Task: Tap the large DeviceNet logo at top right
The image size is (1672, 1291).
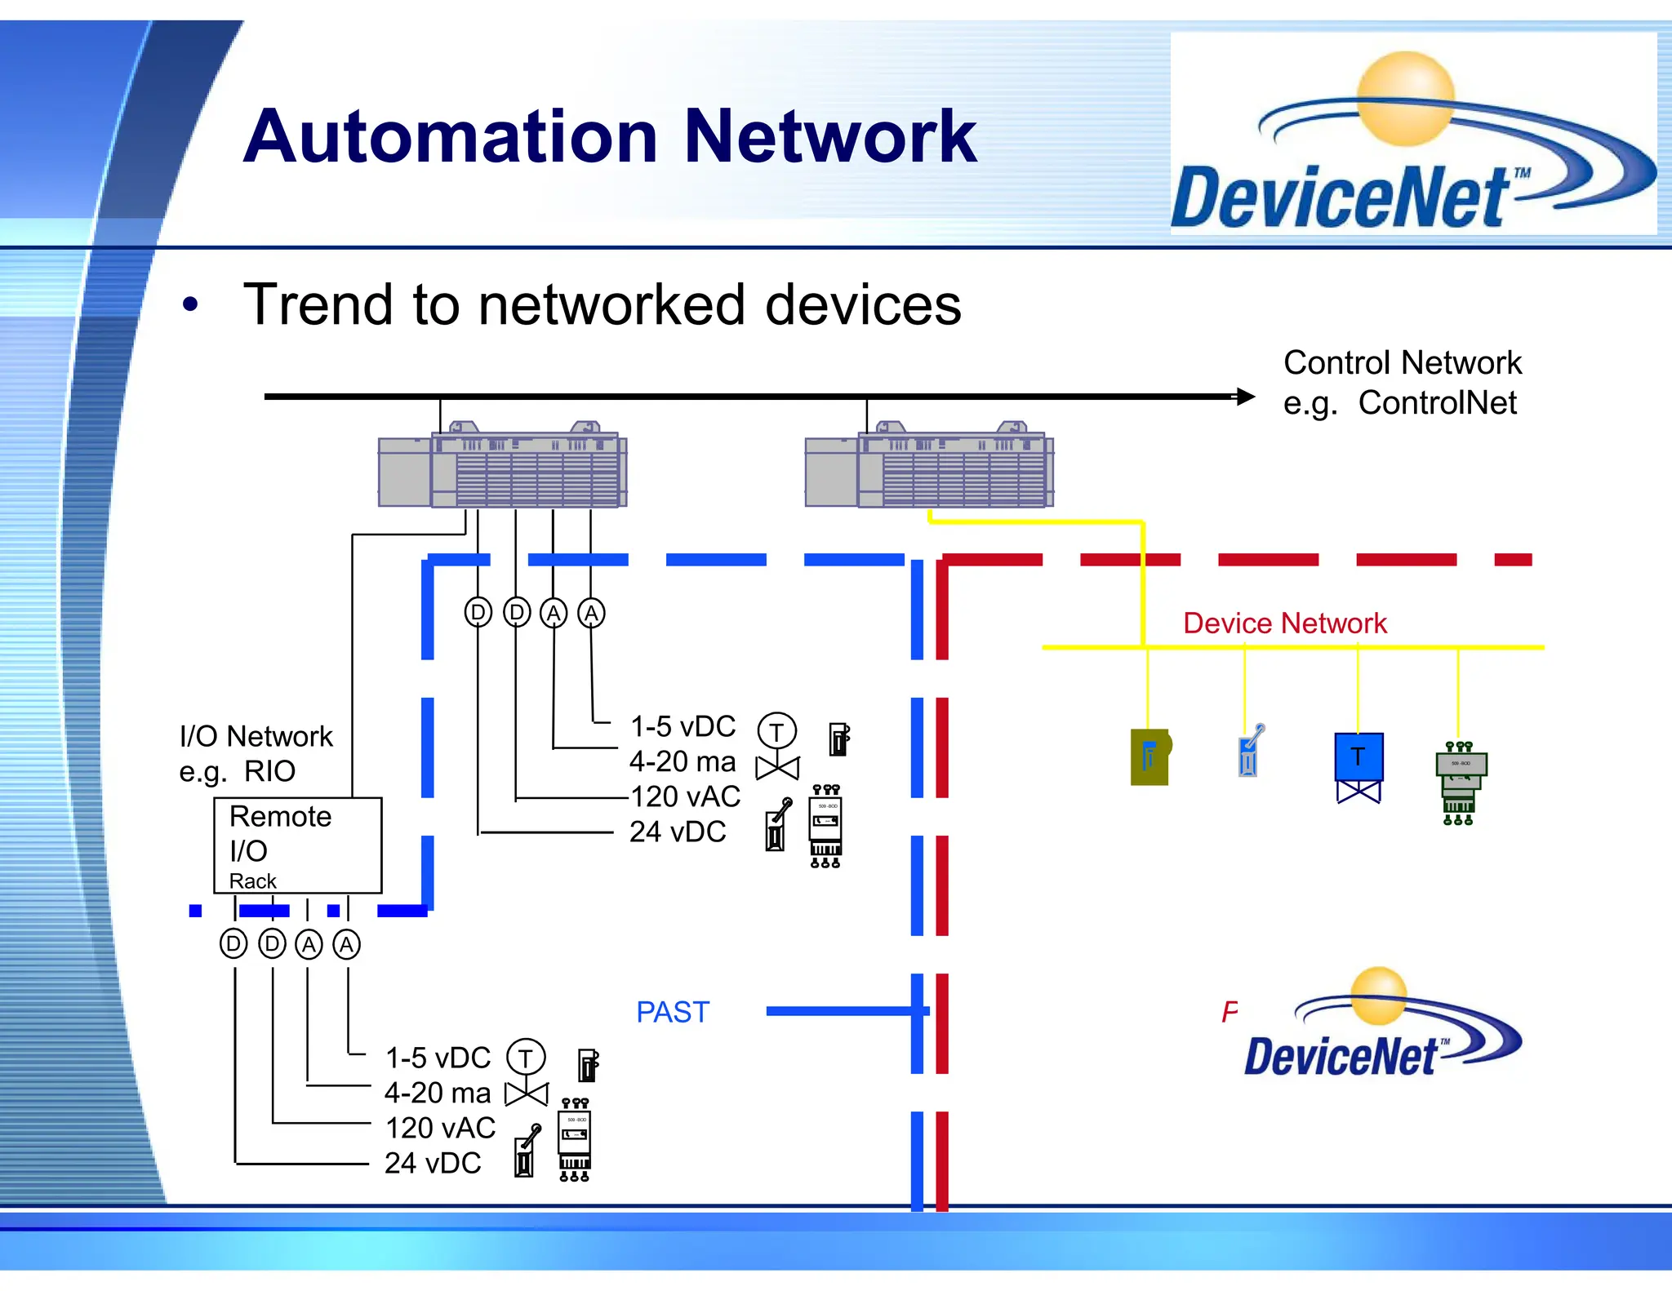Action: (x=1412, y=135)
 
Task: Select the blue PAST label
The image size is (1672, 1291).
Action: (x=673, y=1013)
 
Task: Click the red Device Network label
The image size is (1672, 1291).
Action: (x=1284, y=623)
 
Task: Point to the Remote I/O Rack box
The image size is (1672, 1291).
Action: (x=297, y=845)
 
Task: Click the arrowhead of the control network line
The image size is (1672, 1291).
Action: (x=1246, y=397)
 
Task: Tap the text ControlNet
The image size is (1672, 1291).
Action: (x=1437, y=403)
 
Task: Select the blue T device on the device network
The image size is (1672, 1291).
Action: (x=1358, y=758)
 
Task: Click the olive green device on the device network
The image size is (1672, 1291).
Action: (x=1149, y=757)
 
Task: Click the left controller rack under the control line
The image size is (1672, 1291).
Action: (x=502, y=468)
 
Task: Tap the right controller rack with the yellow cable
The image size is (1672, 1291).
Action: (x=929, y=468)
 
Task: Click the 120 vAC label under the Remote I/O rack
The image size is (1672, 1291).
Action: (x=440, y=1129)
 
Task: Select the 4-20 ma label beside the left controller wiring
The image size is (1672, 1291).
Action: (x=683, y=762)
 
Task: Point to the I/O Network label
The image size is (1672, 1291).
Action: (x=256, y=737)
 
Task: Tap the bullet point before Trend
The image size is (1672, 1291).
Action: (x=190, y=306)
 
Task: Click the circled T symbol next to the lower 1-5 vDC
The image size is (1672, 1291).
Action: (x=526, y=1058)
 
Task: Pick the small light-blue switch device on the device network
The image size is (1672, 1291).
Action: (x=1249, y=751)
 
